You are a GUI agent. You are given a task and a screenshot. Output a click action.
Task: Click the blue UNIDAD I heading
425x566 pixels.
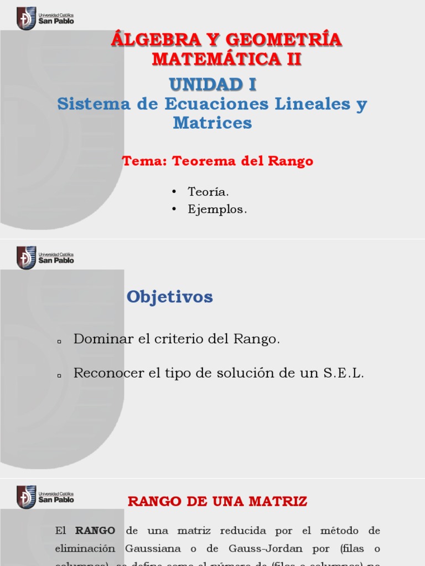pos(212,85)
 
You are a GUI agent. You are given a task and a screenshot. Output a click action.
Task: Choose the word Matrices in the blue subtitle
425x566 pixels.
pos(212,123)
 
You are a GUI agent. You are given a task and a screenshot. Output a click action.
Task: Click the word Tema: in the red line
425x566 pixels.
pos(144,161)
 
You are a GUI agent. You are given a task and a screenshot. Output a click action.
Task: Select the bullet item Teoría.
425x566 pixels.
pos(208,192)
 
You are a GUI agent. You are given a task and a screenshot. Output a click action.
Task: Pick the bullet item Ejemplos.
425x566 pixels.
pos(217,209)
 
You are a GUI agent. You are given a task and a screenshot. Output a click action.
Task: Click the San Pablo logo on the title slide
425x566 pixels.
pos(45,18)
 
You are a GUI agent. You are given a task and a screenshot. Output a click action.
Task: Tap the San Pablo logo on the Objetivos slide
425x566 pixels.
pos(45,258)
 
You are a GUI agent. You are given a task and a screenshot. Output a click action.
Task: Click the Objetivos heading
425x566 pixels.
pos(169,297)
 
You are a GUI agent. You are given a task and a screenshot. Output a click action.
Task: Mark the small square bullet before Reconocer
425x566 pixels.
pos(58,375)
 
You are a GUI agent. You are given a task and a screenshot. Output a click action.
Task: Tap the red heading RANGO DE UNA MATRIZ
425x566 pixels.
pos(217,502)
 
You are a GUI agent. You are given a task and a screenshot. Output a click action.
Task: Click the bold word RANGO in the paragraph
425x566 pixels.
pos(95,531)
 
